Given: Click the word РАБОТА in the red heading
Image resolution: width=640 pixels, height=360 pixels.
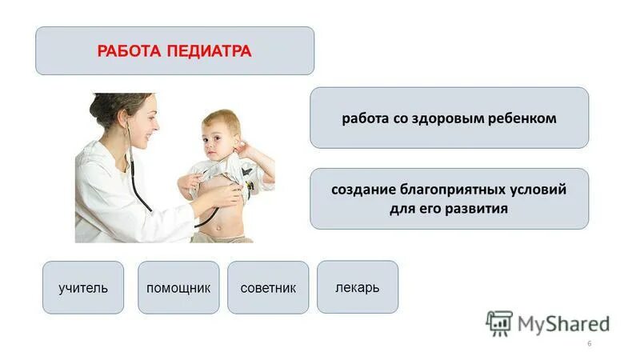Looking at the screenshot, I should pyautogui.click(x=130, y=51).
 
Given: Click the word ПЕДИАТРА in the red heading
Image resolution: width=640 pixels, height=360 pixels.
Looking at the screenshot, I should pyautogui.click(x=210, y=51).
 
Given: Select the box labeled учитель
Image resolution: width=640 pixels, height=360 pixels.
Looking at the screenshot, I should pyautogui.click(x=83, y=287).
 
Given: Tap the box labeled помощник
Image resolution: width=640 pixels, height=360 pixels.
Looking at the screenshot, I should pyautogui.click(x=178, y=287).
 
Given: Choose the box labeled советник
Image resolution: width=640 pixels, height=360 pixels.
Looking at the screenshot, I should pyautogui.click(x=268, y=287).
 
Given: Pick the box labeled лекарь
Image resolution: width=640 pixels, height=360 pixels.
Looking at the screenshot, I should pyautogui.click(x=358, y=286).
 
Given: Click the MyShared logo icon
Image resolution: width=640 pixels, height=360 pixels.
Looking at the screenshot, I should pyautogui.click(x=499, y=322).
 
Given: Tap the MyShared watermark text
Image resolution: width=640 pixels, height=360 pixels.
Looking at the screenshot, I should pyautogui.click(x=563, y=323).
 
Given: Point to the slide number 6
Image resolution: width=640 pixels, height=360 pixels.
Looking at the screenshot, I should pyautogui.click(x=589, y=343).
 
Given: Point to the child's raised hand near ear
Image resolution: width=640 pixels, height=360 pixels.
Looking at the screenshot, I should pyautogui.click(x=246, y=149).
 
